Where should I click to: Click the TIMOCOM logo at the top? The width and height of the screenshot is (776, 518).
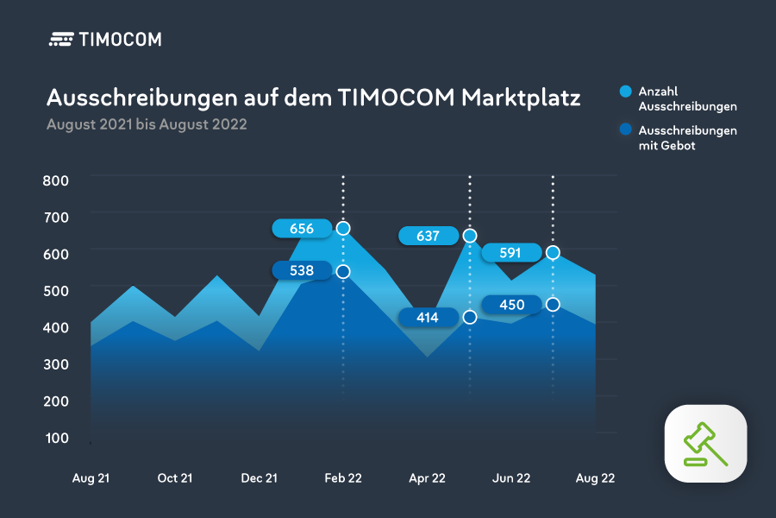pyautogui.click(x=105, y=39)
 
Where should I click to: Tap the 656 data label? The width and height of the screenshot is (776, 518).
pyautogui.click(x=301, y=229)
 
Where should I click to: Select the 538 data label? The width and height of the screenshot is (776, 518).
pyautogui.click(x=301, y=271)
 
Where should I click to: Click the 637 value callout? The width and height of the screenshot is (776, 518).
pyautogui.click(x=428, y=236)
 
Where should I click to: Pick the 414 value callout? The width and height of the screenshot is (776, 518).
pyautogui.click(x=428, y=318)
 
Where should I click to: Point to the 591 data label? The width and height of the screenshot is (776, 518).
pyautogui.click(x=511, y=253)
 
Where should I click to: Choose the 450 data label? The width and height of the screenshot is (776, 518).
pyautogui.click(x=511, y=304)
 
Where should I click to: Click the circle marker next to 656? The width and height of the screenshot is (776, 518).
pyautogui.click(x=343, y=229)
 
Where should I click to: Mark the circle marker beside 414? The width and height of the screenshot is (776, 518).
pyautogui.click(x=470, y=317)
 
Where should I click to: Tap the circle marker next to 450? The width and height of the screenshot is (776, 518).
pyautogui.click(x=553, y=304)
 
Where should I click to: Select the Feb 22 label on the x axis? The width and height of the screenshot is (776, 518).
pyautogui.click(x=343, y=477)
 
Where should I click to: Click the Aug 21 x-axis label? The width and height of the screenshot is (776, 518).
pyautogui.click(x=91, y=477)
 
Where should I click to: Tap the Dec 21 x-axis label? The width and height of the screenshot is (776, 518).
pyautogui.click(x=260, y=477)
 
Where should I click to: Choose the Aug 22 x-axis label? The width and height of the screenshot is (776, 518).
pyautogui.click(x=595, y=477)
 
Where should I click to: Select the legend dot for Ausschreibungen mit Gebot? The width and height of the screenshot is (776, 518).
pyautogui.click(x=626, y=130)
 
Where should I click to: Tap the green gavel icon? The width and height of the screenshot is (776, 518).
pyautogui.click(x=705, y=444)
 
